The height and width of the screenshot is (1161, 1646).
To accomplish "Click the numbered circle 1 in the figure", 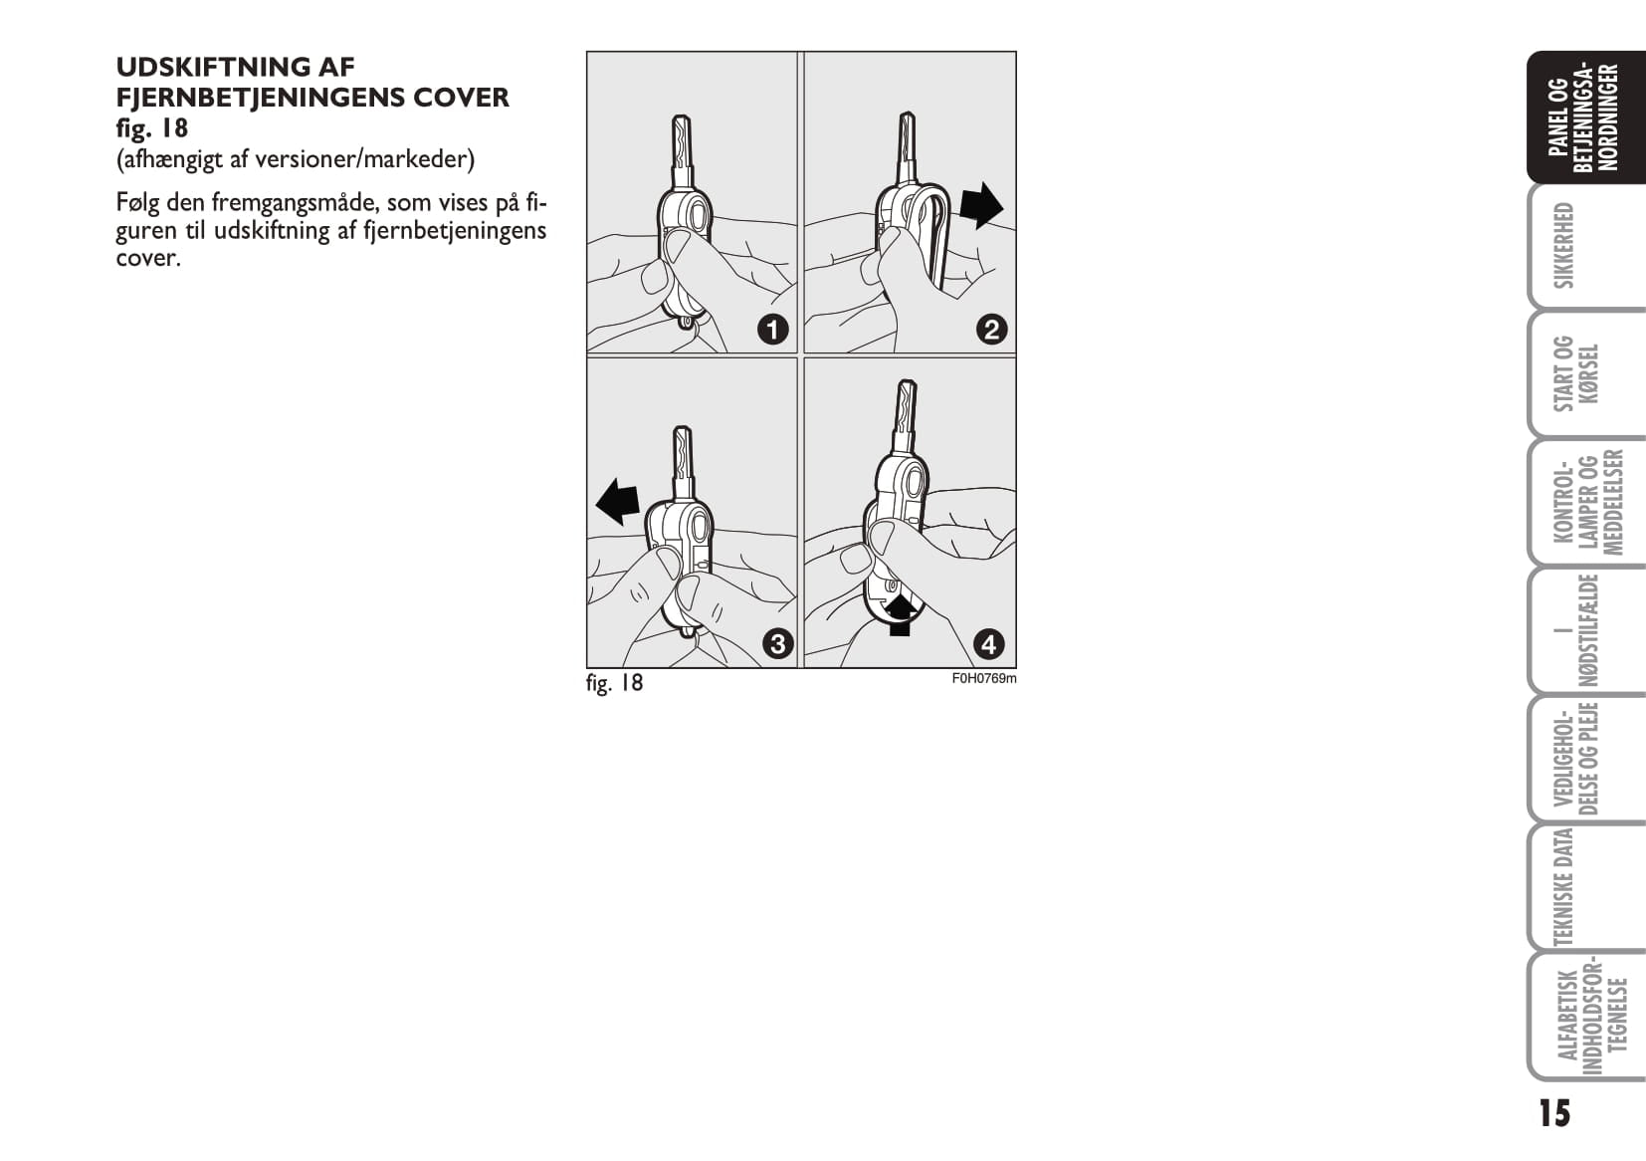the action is pyautogui.click(x=773, y=330).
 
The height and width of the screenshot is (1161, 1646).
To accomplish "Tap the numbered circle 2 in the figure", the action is pyautogui.click(x=991, y=330).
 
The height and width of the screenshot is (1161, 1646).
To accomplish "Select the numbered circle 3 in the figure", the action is pyautogui.click(x=777, y=645).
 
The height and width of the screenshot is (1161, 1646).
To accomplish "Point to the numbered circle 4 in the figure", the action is pyautogui.click(x=989, y=645).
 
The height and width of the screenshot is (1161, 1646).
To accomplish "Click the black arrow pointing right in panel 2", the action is pyautogui.click(x=981, y=206).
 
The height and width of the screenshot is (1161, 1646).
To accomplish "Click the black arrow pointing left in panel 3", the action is pyautogui.click(x=617, y=502).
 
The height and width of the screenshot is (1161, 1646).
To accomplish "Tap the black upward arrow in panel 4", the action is pyautogui.click(x=901, y=615).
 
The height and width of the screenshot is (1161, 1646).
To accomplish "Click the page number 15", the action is pyautogui.click(x=1554, y=1113).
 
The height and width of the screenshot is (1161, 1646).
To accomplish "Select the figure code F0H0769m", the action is pyautogui.click(x=984, y=679).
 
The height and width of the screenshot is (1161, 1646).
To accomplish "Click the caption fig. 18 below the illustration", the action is pyautogui.click(x=614, y=683).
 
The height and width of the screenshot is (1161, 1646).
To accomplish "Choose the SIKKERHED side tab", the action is pyautogui.click(x=1564, y=246).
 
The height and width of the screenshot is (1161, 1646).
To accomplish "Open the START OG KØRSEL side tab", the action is pyautogui.click(x=1575, y=373).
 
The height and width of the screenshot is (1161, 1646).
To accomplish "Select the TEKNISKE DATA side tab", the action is pyautogui.click(x=1564, y=887).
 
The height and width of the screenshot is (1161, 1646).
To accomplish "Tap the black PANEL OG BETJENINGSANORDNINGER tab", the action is pyautogui.click(x=1584, y=117).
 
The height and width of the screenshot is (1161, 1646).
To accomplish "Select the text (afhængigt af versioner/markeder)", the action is pyautogui.click(x=296, y=159).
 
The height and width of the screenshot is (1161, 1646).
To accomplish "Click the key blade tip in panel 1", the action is pyautogui.click(x=681, y=116).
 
